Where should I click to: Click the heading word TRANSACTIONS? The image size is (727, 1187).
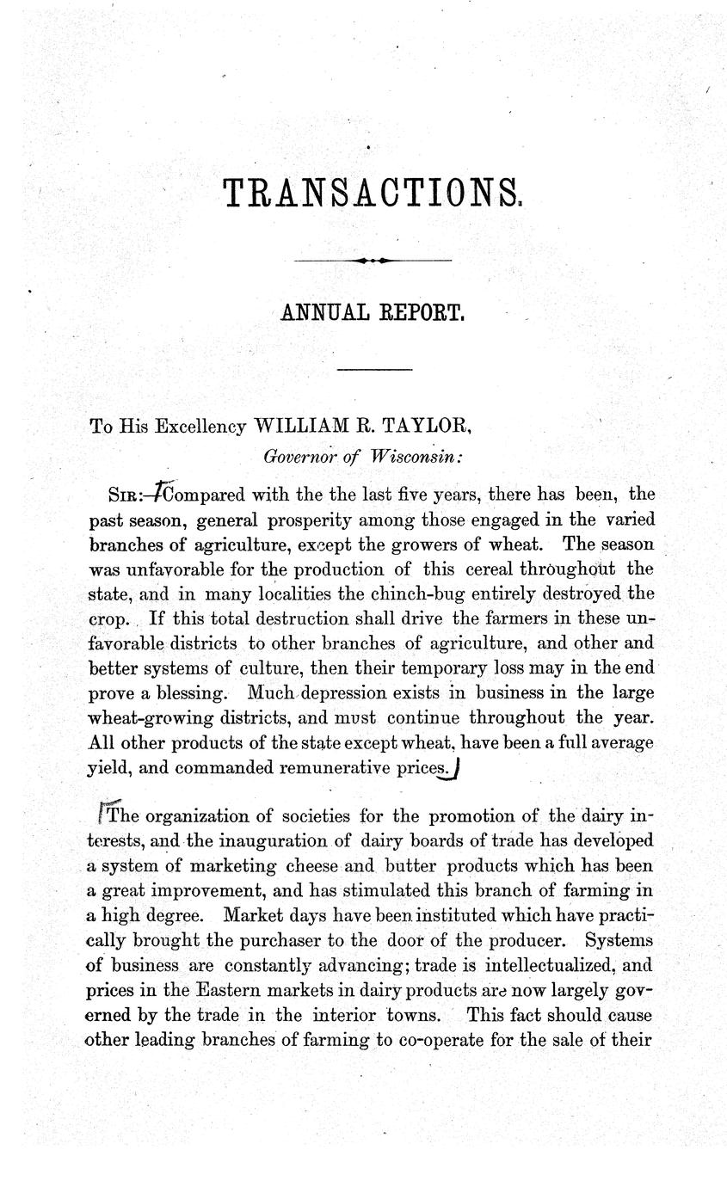coord(372,193)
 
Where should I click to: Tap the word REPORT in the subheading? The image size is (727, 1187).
coord(422,312)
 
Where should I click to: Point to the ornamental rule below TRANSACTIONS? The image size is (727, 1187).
coord(373,260)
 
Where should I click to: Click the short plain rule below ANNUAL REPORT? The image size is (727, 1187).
coord(374,370)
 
